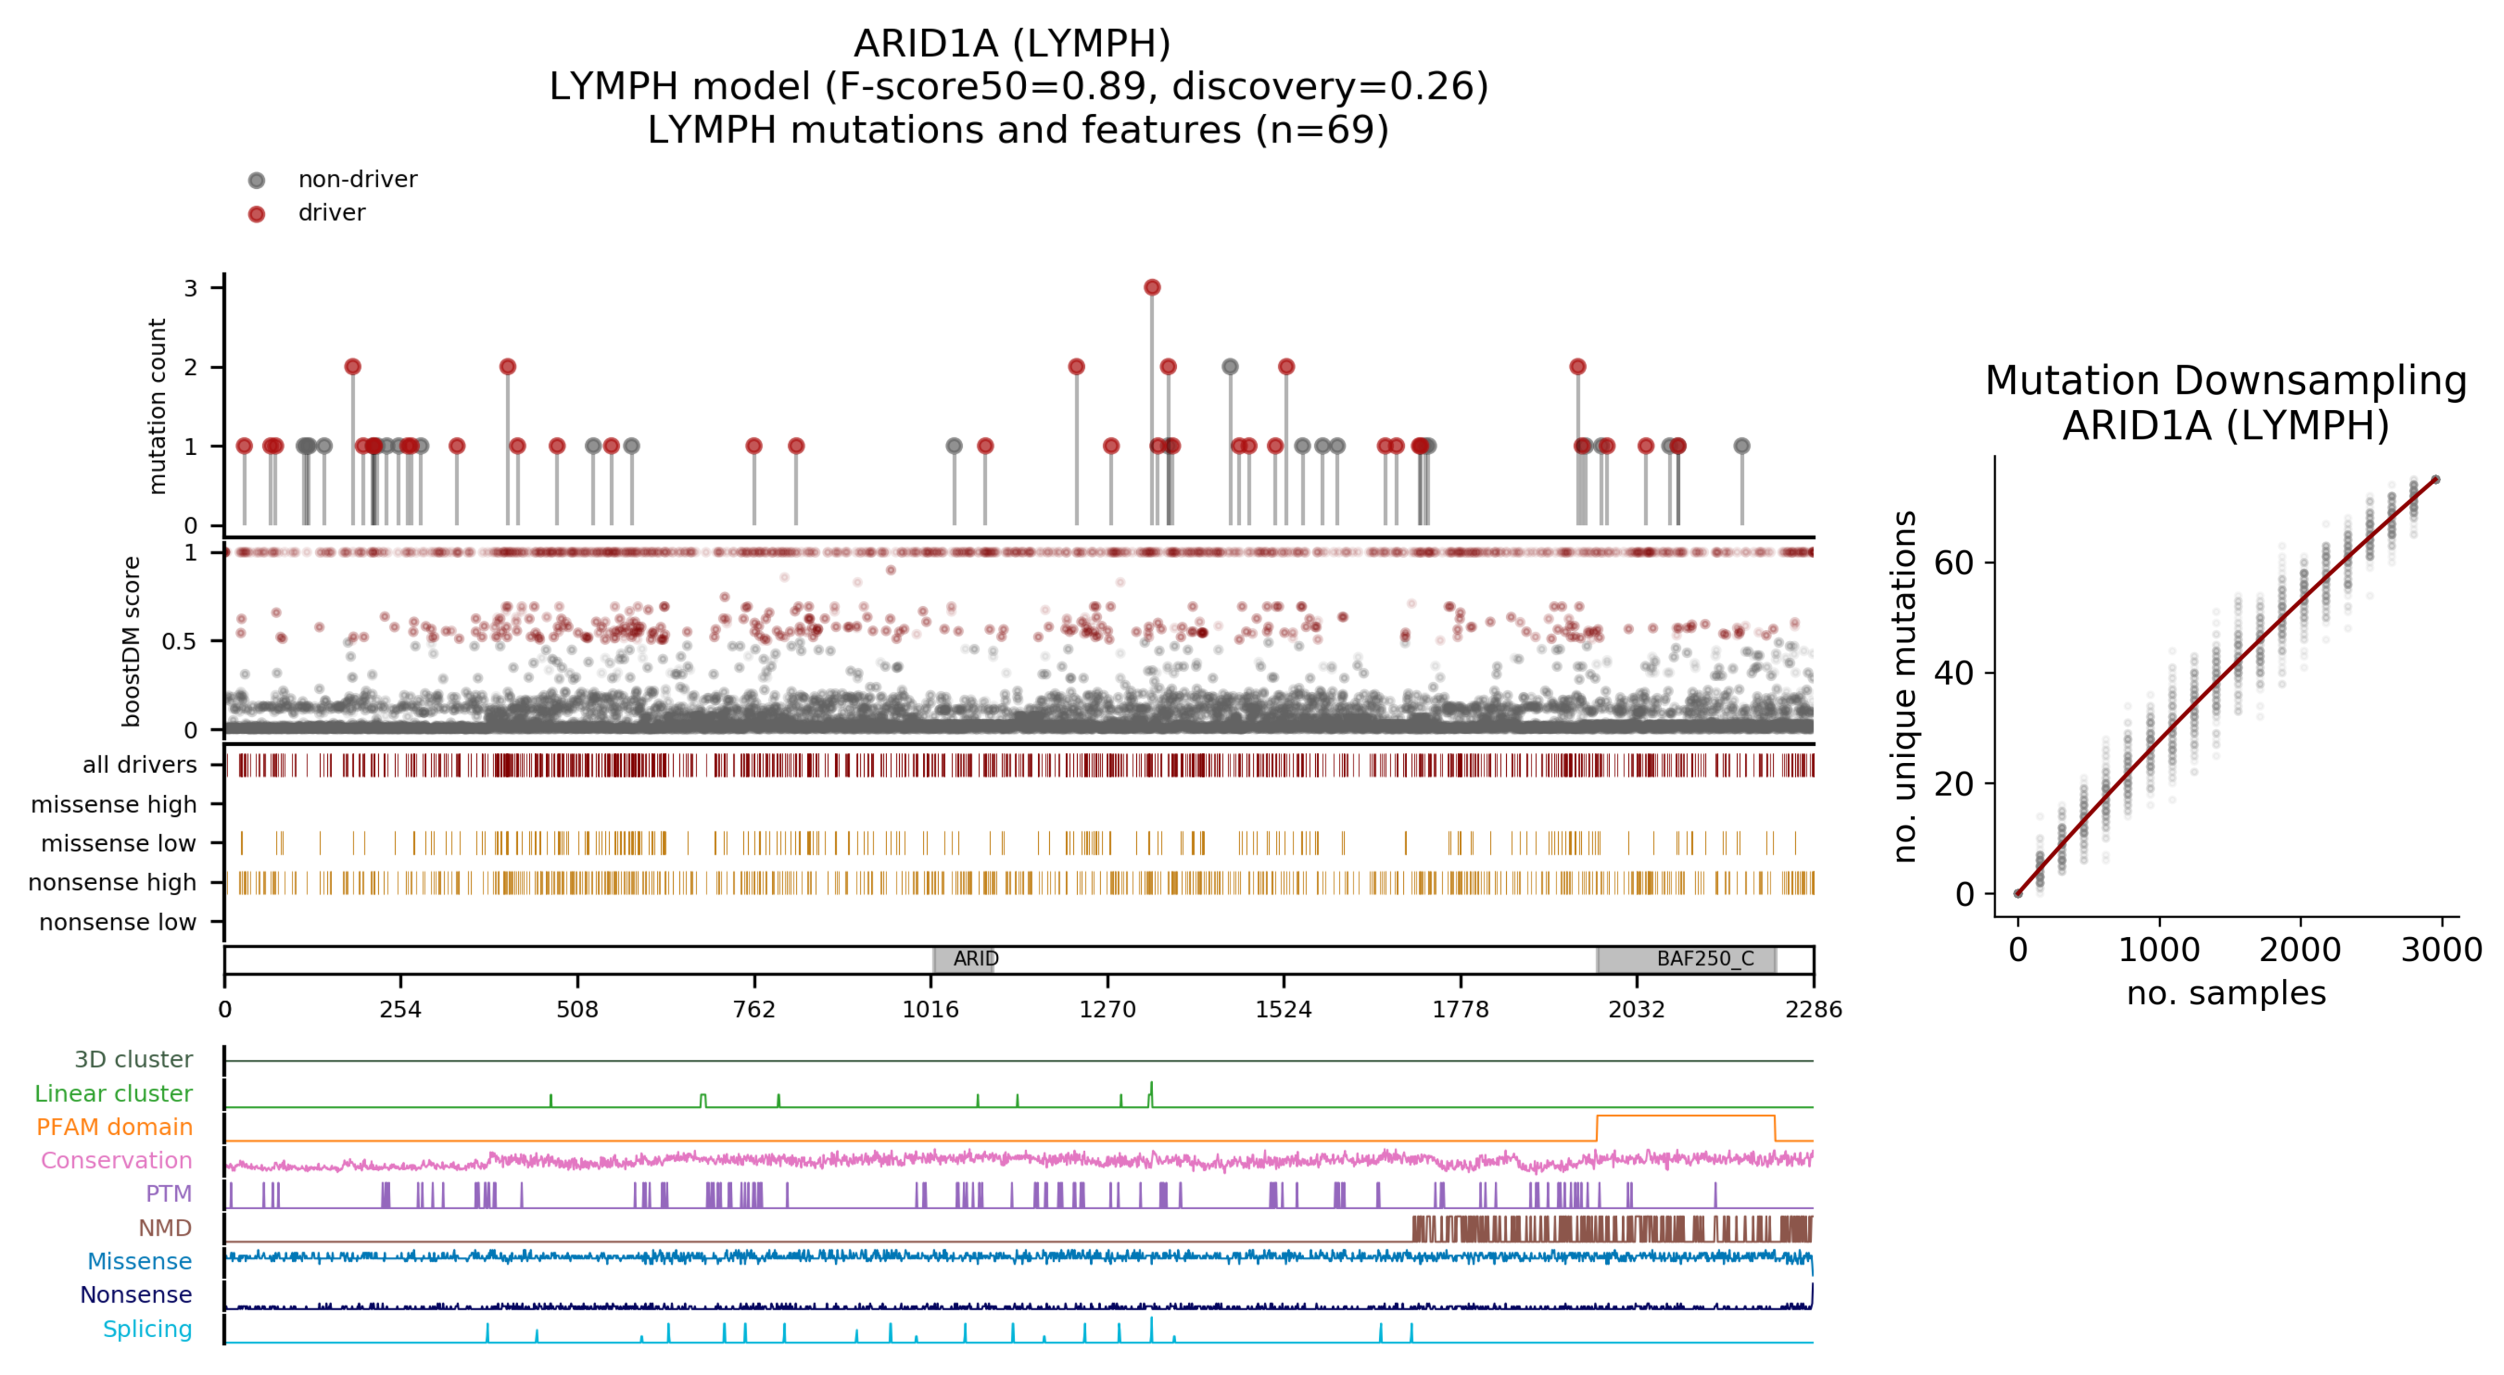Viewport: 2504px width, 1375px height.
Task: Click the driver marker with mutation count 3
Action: [x=1152, y=288]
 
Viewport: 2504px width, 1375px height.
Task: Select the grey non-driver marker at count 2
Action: [x=1230, y=367]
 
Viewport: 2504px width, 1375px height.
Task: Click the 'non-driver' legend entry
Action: [x=357, y=180]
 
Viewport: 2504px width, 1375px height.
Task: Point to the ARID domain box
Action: [x=963, y=959]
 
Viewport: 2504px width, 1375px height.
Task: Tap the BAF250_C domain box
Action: [x=1686, y=959]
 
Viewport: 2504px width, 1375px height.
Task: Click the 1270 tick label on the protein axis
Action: [x=1107, y=1010]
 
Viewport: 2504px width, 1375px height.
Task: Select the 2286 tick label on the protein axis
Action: [x=1813, y=1010]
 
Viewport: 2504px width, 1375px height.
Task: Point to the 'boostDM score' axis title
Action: [x=131, y=641]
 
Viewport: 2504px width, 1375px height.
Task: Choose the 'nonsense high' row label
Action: [x=112, y=883]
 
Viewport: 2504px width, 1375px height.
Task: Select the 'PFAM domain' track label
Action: [x=115, y=1127]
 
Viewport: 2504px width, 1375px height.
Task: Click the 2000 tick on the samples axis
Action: [x=2300, y=949]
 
